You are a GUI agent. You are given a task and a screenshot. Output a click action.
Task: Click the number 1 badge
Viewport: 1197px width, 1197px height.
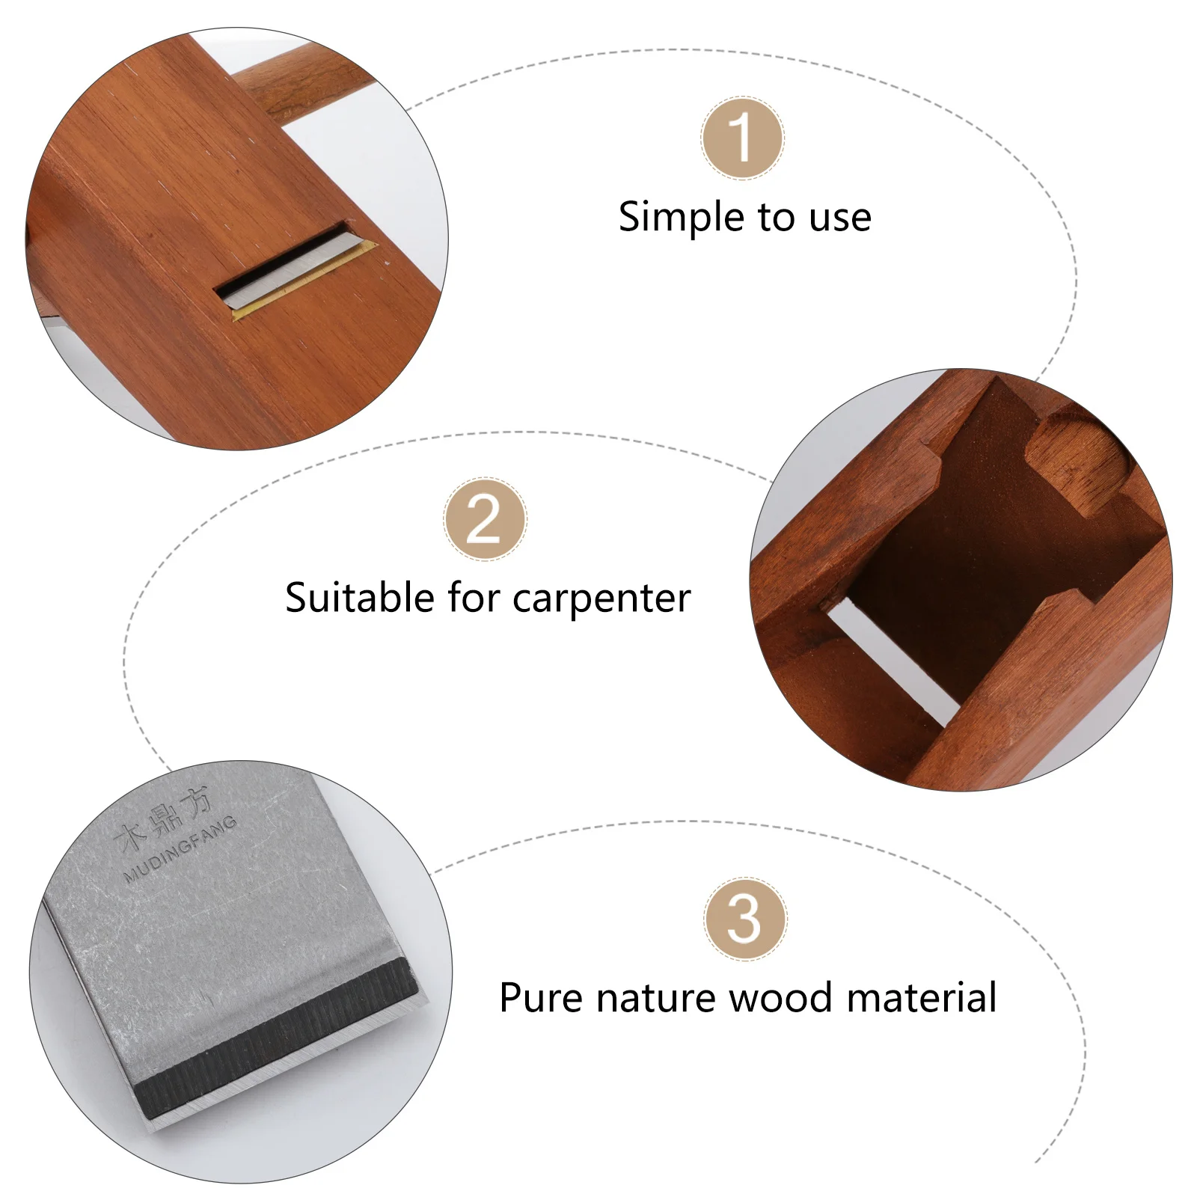pyautogui.click(x=742, y=138)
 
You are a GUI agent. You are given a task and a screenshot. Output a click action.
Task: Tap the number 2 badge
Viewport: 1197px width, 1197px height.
pyautogui.click(x=485, y=519)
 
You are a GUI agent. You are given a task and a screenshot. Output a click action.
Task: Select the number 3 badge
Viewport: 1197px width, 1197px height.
pyautogui.click(x=744, y=919)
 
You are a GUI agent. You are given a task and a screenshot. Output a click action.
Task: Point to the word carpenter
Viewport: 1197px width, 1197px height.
pyautogui.click(x=601, y=598)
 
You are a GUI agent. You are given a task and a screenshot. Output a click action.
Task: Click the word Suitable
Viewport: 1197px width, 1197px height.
pyautogui.click(x=360, y=598)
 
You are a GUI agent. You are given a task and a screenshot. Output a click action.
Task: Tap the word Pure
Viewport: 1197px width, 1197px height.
pyautogui.click(x=541, y=998)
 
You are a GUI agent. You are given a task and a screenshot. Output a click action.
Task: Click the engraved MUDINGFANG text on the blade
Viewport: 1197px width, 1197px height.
pyautogui.click(x=180, y=850)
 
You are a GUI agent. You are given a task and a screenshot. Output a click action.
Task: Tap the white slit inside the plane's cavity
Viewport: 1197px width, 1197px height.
pyautogui.click(x=890, y=662)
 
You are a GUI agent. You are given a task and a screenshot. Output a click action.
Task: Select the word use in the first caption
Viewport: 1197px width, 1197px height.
pyautogui.click(x=840, y=218)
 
